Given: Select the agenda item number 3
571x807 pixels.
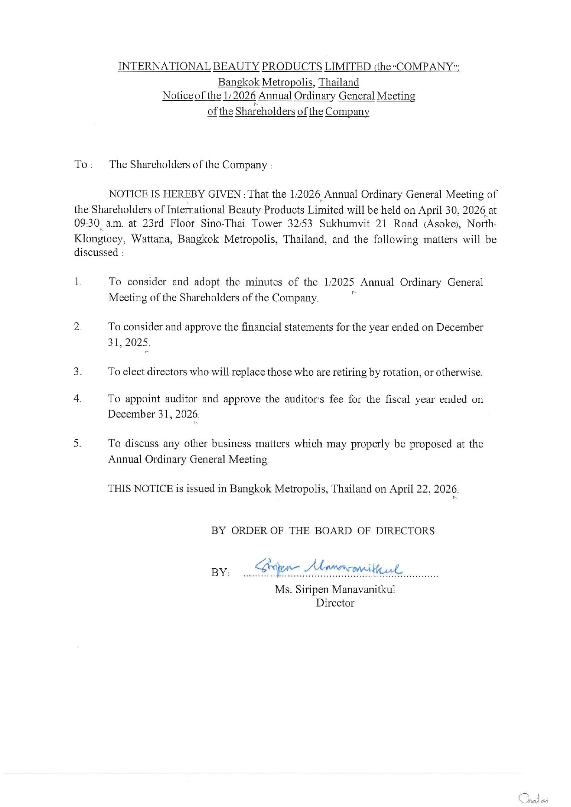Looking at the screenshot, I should tap(77, 372).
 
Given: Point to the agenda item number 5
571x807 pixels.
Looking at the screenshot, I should tap(77, 444).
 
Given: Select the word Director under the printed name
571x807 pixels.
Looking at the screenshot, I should tap(335, 603).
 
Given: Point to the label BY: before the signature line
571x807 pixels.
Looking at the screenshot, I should tap(220, 572).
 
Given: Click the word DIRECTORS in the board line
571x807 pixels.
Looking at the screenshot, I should tap(405, 531).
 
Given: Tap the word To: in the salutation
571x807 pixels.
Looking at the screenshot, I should tap(83, 165).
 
